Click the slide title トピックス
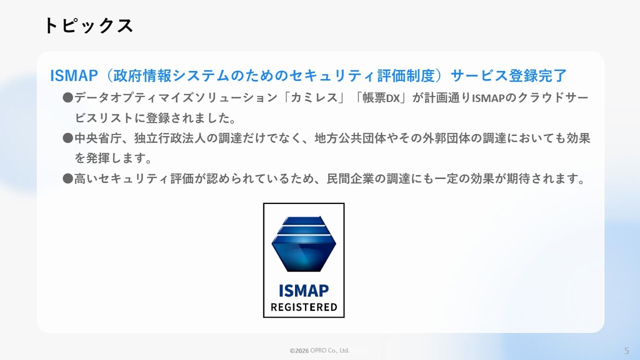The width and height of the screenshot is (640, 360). [x=88, y=25]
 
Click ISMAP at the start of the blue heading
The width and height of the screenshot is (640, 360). [x=74, y=75]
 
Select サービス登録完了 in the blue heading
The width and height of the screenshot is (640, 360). [x=508, y=75]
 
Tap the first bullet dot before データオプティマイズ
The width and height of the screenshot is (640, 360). [x=68, y=97]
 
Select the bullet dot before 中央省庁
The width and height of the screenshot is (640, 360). [x=68, y=138]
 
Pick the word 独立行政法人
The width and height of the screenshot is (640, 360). [x=170, y=138]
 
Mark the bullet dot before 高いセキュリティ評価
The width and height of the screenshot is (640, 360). [x=68, y=179]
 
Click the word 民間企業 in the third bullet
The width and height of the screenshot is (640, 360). [x=350, y=179]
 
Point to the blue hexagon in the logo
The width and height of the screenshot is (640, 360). [x=303, y=243]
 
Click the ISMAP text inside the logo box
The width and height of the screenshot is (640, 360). [x=303, y=291]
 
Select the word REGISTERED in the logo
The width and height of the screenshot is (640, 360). [x=303, y=307]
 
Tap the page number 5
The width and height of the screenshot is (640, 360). [x=627, y=350]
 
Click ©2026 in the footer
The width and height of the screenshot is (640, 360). [x=299, y=350]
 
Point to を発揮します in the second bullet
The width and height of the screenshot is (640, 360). [x=113, y=158]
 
